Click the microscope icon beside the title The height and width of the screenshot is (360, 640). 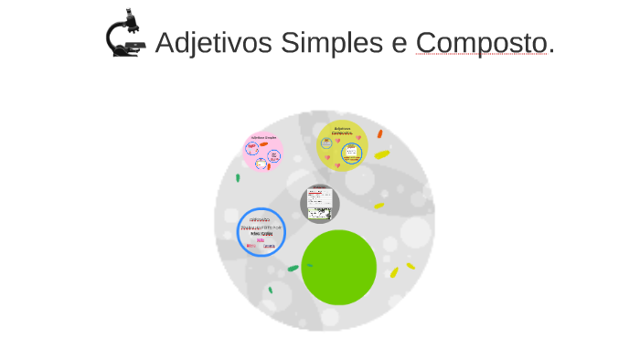[x=125, y=34]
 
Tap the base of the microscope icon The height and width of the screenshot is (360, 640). [x=127, y=52]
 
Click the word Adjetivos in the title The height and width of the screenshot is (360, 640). [x=214, y=43]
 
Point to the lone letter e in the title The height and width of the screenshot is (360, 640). [x=400, y=43]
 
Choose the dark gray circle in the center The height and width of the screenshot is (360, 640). [x=320, y=204]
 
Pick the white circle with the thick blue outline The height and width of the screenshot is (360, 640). [x=261, y=232]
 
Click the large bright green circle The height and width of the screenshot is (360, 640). [x=339, y=268]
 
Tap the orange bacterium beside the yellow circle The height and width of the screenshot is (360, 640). [x=379, y=134]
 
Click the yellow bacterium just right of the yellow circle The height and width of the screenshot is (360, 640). [x=381, y=155]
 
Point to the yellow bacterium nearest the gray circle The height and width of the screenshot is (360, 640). [x=378, y=206]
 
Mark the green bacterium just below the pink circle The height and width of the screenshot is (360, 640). [x=238, y=177]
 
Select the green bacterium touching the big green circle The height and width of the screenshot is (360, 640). [x=293, y=268]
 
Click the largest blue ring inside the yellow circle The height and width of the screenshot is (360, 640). [x=352, y=153]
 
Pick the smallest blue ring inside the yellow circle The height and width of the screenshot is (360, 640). [x=326, y=143]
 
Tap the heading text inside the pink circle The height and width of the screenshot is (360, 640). [x=263, y=137]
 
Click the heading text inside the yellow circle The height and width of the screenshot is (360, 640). [x=342, y=130]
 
